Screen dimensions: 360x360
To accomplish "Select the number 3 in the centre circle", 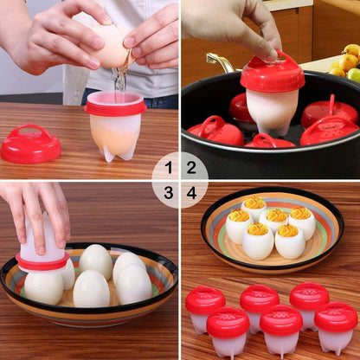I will click(x=169, y=192).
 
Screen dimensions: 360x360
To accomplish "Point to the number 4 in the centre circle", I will click(x=192, y=192).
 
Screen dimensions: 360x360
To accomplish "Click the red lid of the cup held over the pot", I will click(x=272, y=74).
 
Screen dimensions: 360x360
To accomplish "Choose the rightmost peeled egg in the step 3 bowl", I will click(x=134, y=283).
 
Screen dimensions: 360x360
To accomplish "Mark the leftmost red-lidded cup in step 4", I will click(x=205, y=307).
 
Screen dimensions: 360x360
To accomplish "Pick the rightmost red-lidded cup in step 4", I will click(x=336, y=325).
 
